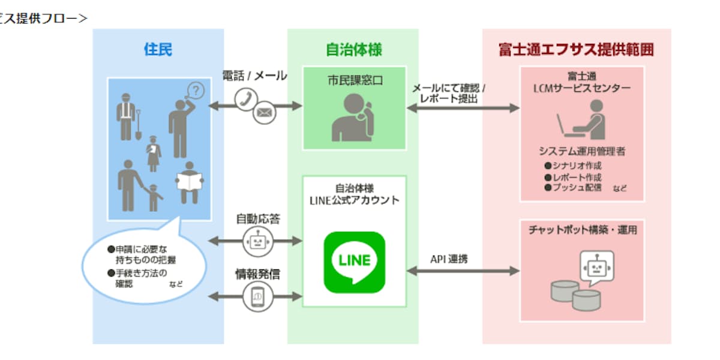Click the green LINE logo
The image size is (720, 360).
354,262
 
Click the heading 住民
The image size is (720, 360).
158,49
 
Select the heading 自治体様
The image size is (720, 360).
353,49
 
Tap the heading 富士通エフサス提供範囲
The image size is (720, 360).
576,49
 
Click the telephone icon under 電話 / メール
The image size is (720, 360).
246,98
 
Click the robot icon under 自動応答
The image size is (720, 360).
257,241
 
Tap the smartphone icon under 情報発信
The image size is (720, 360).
257,295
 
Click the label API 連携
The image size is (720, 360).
449,259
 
